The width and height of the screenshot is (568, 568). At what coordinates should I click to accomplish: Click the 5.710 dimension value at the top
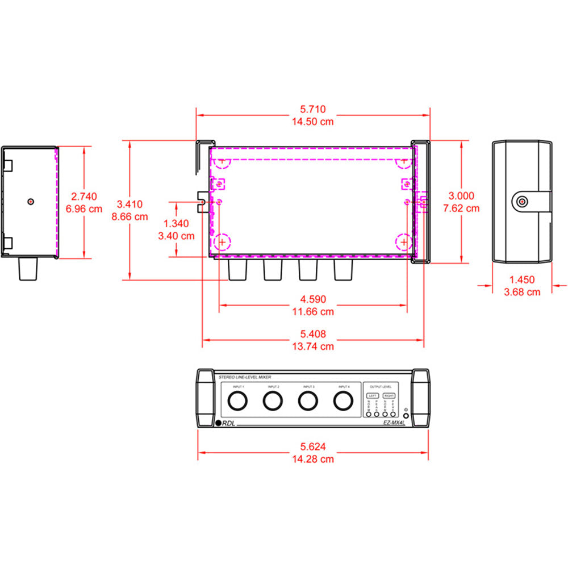(313, 110)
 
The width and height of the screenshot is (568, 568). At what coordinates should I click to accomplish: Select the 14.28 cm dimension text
(313, 459)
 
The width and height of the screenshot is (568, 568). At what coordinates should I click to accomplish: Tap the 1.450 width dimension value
(522, 279)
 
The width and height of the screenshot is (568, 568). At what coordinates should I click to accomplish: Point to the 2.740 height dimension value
(83, 196)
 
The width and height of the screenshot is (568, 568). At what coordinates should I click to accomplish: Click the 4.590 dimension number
(313, 299)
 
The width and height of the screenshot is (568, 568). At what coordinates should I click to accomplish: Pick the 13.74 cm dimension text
(313, 346)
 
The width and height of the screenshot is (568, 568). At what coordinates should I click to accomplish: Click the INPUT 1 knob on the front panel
(238, 400)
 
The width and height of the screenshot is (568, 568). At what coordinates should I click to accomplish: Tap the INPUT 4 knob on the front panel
(343, 400)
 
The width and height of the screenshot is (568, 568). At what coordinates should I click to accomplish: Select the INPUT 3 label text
(308, 386)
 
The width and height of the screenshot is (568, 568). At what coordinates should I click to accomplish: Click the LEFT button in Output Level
(373, 395)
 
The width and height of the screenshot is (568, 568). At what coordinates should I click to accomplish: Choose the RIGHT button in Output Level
(389, 395)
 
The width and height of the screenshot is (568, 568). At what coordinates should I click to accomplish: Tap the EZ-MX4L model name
(394, 423)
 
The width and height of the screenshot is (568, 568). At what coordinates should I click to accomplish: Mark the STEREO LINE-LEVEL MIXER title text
(245, 377)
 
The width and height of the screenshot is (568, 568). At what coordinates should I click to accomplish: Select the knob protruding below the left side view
(28, 269)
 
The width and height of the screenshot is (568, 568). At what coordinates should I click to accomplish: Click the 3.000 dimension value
(461, 196)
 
